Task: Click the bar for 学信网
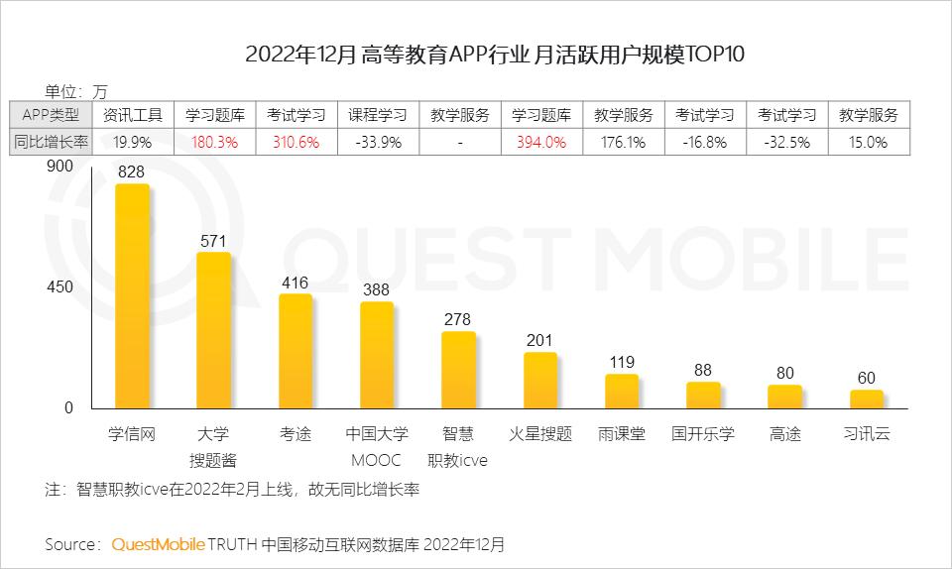[132, 295]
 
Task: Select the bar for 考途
[296, 351]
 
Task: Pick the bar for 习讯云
[867, 398]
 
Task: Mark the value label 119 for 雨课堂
[622, 362]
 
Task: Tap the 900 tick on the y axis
[60, 167]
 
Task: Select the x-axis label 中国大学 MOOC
[377, 447]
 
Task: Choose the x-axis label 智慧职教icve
[458, 447]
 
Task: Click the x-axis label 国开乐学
[703, 434]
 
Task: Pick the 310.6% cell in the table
[296, 142]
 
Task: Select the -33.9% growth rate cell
[378, 142]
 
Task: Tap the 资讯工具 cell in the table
[133, 115]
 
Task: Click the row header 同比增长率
[52, 142]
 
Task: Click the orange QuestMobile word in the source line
[159, 544]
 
